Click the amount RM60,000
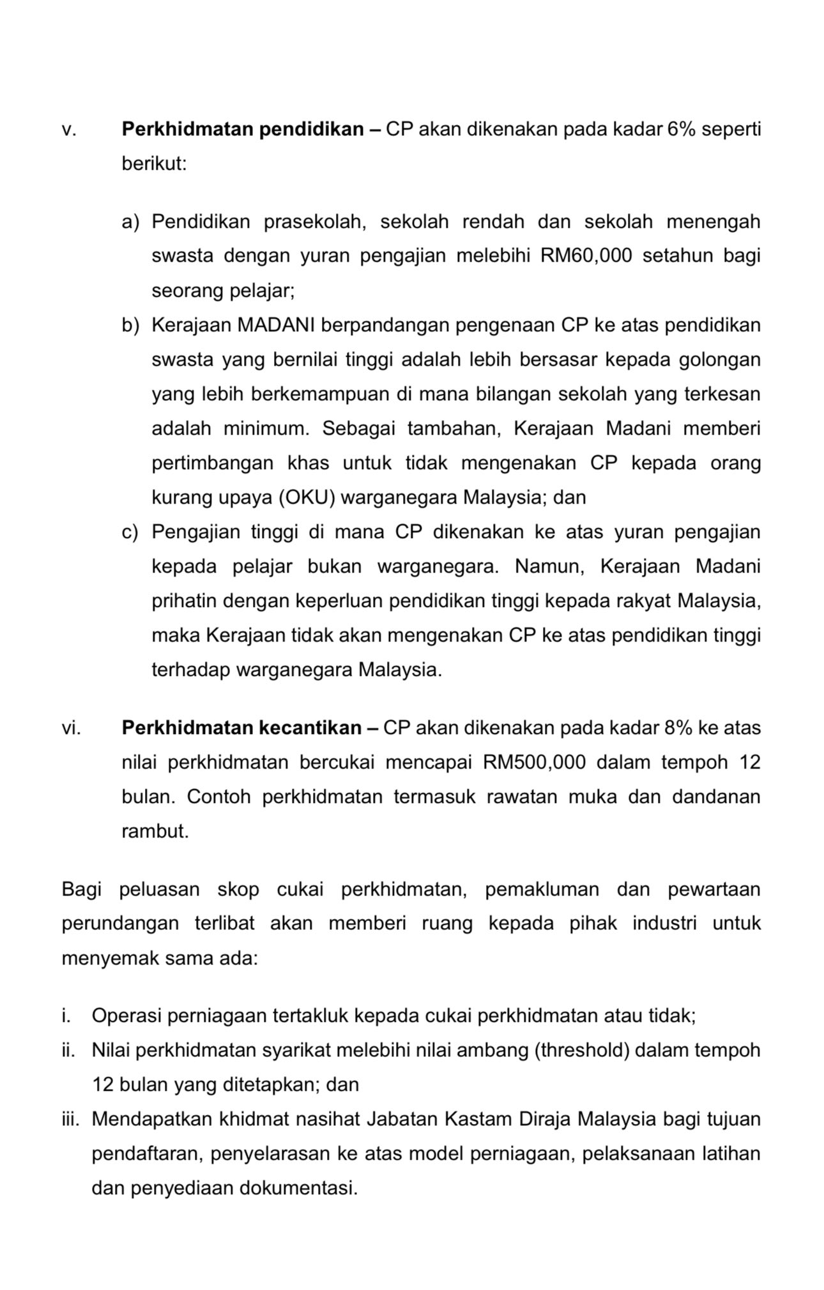coord(586,256)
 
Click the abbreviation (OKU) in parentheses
coord(307,497)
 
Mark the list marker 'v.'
coord(69,130)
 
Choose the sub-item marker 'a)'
coord(130,221)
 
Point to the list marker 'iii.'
coord(70,1119)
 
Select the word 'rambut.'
coord(155,831)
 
